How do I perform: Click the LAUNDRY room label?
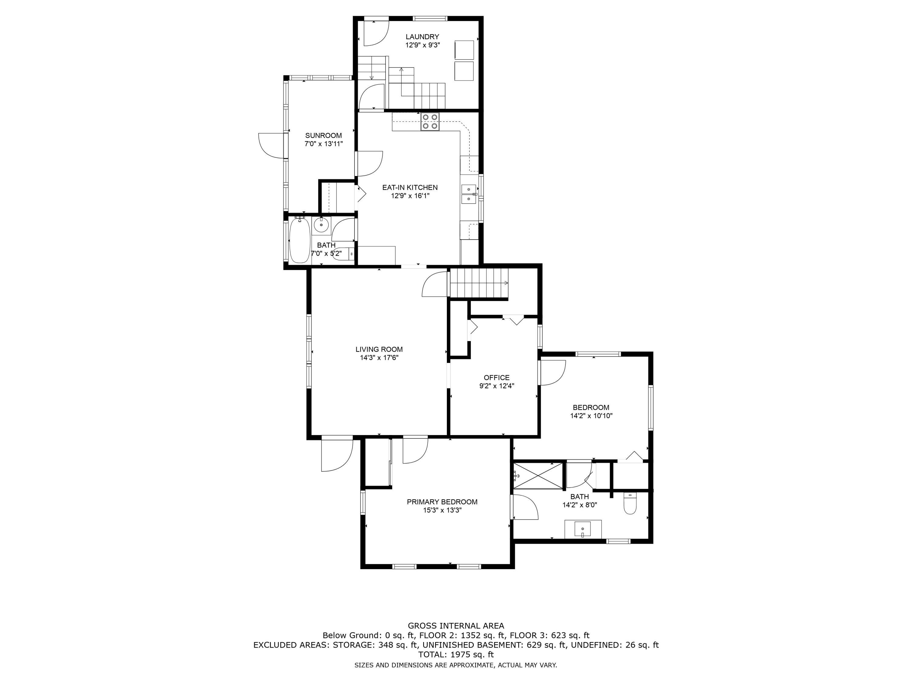(x=422, y=37)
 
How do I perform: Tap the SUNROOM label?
(x=323, y=135)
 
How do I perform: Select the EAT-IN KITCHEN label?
(x=410, y=187)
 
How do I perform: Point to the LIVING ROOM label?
(x=379, y=349)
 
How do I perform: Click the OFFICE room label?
(x=496, y=377)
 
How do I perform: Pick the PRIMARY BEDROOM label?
(x=442, y=502)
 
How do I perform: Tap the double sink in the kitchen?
(x=469, y=194)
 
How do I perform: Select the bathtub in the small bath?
(x=299, y=240)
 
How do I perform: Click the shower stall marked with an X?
(x=538, y=476)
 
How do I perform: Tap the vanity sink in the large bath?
(x=582, y=529)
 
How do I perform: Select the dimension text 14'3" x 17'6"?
(x=379, y=358)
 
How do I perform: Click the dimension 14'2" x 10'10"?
(x=591, y=416)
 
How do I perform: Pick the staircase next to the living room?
(x=479, y=283)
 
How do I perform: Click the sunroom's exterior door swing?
(x=271, y=145)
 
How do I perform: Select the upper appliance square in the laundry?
(x=464, y=50)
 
